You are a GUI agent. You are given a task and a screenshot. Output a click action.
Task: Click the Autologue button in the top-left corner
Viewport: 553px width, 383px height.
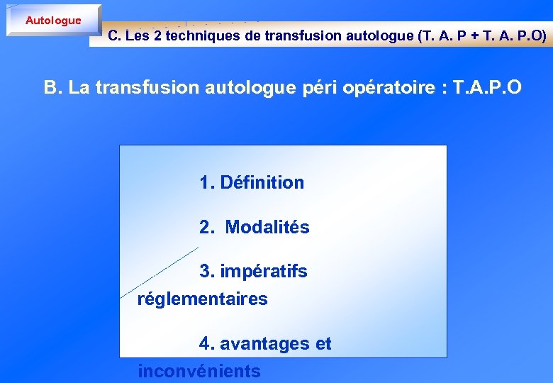point(53,21)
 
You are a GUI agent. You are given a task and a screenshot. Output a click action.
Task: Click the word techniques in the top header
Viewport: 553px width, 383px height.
point(203,35)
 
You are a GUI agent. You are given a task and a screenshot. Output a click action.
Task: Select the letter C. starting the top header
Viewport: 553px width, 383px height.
point(115,35)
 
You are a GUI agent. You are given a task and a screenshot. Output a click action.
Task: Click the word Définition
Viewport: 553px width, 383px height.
point(262,182)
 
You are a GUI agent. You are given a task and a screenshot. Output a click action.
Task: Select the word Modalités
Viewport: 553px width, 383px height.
point(267,228)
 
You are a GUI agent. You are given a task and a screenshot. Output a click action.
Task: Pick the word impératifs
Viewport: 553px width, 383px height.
point(264,272)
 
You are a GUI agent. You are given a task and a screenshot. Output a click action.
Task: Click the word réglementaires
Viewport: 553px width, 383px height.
point(202,299)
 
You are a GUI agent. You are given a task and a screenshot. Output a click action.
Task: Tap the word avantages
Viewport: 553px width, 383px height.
point(265,344)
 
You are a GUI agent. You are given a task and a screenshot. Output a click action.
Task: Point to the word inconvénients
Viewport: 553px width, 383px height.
point(199,371)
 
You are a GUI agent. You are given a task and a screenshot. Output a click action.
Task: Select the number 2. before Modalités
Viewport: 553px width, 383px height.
point(207,228)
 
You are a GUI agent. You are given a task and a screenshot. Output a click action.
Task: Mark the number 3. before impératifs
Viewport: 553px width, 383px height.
point(207,272)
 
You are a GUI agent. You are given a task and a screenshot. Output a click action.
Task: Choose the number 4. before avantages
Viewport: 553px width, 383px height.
point(207,344)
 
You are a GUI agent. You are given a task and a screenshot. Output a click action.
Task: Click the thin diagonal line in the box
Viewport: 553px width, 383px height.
point(160,272)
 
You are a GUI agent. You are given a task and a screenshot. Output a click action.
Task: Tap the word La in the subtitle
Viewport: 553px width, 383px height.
point(79,88)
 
